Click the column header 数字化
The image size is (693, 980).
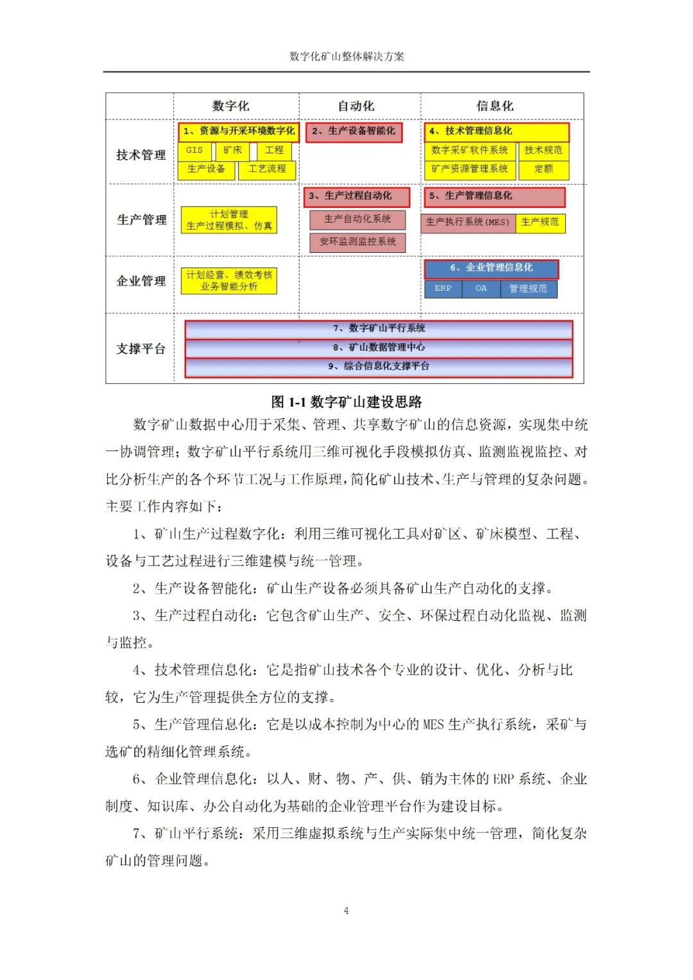coord(230,106)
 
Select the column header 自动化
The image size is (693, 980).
coord(356,106)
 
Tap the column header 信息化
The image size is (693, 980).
coord(495,106)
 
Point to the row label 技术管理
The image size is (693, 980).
coord(141,155)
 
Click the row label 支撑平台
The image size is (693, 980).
coord(141,348)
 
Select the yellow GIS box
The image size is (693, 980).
coord(194,150)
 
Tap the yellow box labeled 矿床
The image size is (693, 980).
coord(233,150)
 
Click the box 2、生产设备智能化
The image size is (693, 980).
coord(354,132)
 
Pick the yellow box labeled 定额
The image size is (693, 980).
coord(543,169)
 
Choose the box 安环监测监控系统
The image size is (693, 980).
coord(357,242)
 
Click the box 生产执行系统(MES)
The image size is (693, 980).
coord(467,222)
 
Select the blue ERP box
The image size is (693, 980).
coord(443,289)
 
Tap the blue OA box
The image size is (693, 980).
coord(481,289)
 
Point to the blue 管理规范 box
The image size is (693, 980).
coord(528,289)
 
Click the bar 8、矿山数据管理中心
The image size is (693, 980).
coord(379,347)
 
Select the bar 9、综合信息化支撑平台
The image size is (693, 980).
coord(379,366)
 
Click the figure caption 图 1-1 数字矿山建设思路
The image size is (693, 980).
coord(346,402)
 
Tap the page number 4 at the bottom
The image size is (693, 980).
coord(346,911)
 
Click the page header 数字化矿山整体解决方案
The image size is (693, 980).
coord(346,56)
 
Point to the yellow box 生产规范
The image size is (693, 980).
coord(540,222)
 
